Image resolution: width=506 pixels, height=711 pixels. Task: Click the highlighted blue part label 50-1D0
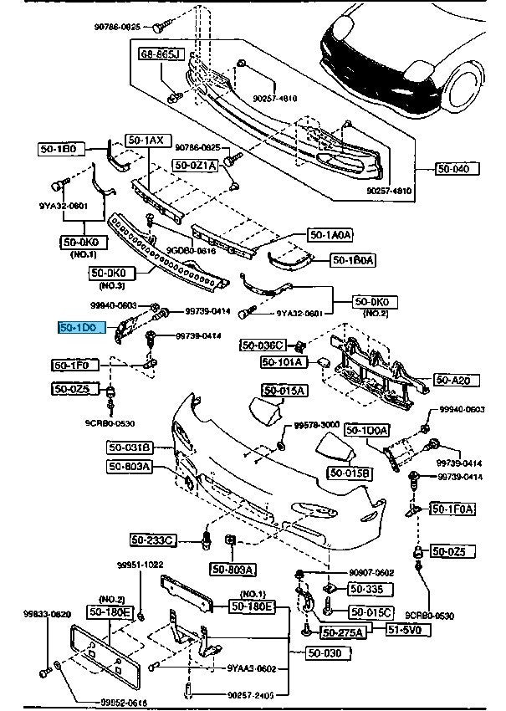[x=82, y=327]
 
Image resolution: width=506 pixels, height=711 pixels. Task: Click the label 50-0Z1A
[x=196, y=166]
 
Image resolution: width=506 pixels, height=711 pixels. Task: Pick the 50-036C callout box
[x=263, y=345]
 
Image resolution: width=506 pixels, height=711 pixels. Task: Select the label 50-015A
[x=284, y=391]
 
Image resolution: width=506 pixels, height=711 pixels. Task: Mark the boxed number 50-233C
[x=152, y=541]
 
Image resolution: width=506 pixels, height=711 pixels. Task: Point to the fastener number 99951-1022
[x=140, y=565]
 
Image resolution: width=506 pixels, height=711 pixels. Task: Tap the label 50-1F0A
[x=452, y=508]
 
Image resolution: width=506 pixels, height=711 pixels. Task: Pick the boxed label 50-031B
[x=129, y=448]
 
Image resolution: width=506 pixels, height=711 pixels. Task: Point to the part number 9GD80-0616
[x=191, y=249]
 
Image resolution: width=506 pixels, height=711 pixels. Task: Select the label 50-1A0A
[x=330, y=236]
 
